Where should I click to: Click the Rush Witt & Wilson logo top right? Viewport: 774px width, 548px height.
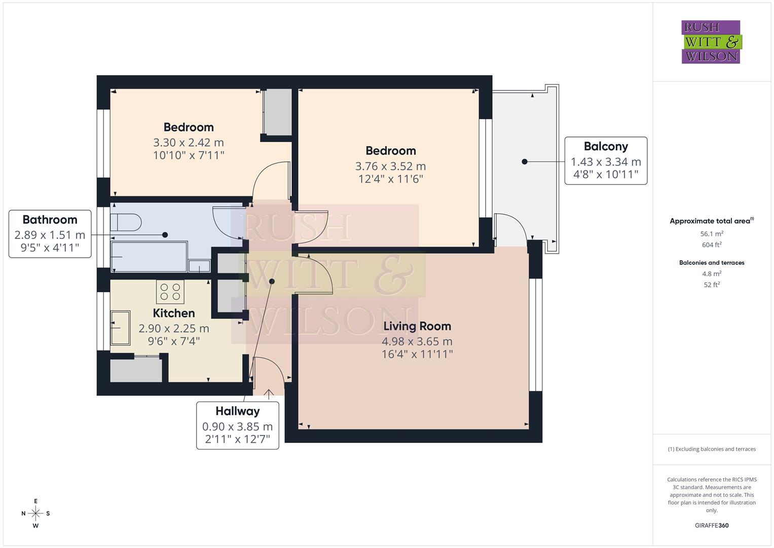pyautogui.click(x=711, y=42)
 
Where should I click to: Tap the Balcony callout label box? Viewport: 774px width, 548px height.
pyautogui.click(x=606, y=160)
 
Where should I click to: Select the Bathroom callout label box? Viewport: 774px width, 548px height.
pyautogui.click(x=50, y=234)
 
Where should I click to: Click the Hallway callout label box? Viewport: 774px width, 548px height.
pyautogui.click(x=237, y=425)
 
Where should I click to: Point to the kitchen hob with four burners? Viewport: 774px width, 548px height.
pyautogui.click(x=170, y=292)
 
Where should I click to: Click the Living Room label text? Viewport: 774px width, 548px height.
pyautogui.click(x=417, y=326)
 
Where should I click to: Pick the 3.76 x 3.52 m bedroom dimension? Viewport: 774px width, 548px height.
pyautogui.click(x=390, y=166)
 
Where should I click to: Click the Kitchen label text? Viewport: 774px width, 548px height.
pyautogui.click(x=174, y=313)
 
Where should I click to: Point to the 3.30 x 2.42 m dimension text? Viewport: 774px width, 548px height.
pyautogui.click(x=189, y=143)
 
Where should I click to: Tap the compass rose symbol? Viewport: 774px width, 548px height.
pyautogui.click(x=35, y=513)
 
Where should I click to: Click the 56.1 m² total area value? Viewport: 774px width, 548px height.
pyautogui.click(x=712, y=234)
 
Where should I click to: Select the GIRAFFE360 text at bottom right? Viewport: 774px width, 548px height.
pyautogui.click(x=712, y=525)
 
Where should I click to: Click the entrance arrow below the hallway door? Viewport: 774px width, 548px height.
pyautogui.click(x=268, y=393)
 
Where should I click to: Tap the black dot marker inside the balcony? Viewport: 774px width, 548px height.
pyautogui.click(x=525, y=161)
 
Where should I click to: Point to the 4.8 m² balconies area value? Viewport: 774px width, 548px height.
pyautogui.click(x=712, y=273)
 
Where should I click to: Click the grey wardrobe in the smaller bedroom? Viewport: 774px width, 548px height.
pyautogui.click(x=278, y=112)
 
